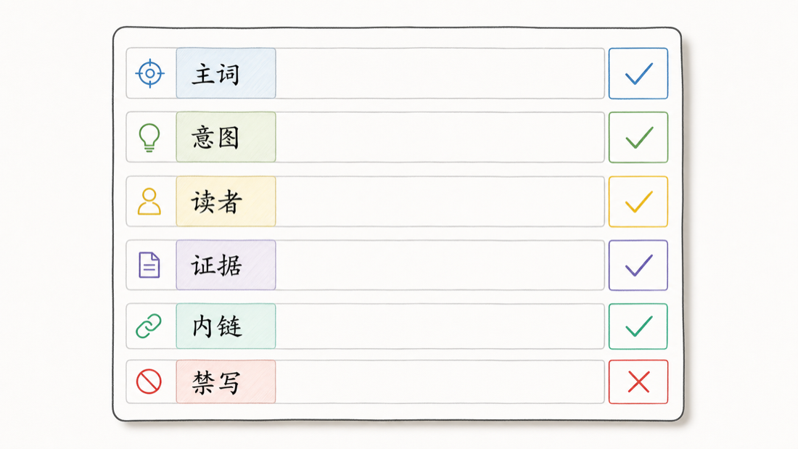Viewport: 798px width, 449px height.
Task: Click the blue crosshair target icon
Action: click(150, 73)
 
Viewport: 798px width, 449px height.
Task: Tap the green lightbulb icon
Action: click(149, 137)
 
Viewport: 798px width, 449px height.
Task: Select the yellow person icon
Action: click(149, 202)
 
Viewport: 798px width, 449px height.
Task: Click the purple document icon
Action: click(149, 265)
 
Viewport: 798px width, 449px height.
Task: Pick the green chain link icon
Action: click(149, 326)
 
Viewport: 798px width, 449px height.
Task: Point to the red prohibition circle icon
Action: click(149, 382)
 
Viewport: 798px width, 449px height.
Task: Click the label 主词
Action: click(215, 74)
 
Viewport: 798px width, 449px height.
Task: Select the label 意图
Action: click(215, 137)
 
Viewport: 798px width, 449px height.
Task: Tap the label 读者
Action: click(215, 202)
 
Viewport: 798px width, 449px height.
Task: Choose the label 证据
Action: click(216, 265)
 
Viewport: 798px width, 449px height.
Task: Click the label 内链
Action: click(217, 326)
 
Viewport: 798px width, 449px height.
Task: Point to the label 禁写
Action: click(216, 382)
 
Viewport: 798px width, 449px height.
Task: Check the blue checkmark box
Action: click(638, 73)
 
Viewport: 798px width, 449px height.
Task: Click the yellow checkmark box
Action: click(638, 202)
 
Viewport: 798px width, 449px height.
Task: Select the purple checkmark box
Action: click(638, 265)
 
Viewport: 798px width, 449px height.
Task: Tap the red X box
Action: click(638, 382)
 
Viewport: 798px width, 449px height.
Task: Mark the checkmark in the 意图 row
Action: click(638, 138)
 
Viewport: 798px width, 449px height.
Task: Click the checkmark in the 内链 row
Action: click(638, 326)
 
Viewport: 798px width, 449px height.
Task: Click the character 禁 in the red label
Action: click(204, 382)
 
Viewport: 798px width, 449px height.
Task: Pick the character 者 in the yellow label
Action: click(229, 202)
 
